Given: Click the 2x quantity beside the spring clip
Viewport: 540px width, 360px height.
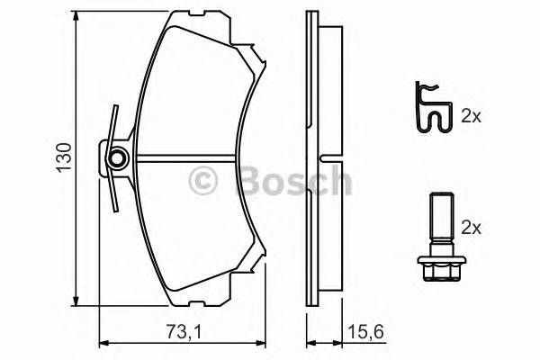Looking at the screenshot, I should [x=472, y=115].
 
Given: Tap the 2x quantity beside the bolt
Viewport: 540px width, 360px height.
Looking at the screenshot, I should [x=472, y=228].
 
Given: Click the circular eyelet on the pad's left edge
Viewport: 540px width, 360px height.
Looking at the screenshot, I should [x=115, y=160].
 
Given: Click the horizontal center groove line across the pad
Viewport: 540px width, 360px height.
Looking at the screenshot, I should [x=193, y=163].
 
